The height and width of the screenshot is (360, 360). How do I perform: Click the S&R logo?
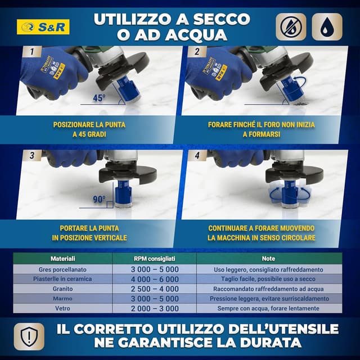tap(44, 27)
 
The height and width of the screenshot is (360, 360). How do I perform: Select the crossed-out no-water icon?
tap(291, 27)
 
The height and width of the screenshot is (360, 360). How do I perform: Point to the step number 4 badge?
tap(196, 156)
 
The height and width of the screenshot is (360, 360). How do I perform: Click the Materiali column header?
tap(62, 259)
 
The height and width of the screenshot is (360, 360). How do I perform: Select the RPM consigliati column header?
tap(154, 259)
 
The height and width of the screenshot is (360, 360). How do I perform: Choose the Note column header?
tap(269, 259)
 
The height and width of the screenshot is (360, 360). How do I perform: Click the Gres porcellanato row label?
tap(62, 269)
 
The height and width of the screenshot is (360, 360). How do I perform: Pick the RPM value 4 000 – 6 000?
tap(154, 279)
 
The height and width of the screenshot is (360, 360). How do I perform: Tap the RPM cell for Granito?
tap(154, 289)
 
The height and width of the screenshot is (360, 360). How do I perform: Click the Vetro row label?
tap(62, 308)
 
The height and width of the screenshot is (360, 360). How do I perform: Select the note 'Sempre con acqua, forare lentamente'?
tap(269, 308)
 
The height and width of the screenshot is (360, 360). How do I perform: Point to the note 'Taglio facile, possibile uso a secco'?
tap(269, 279)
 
